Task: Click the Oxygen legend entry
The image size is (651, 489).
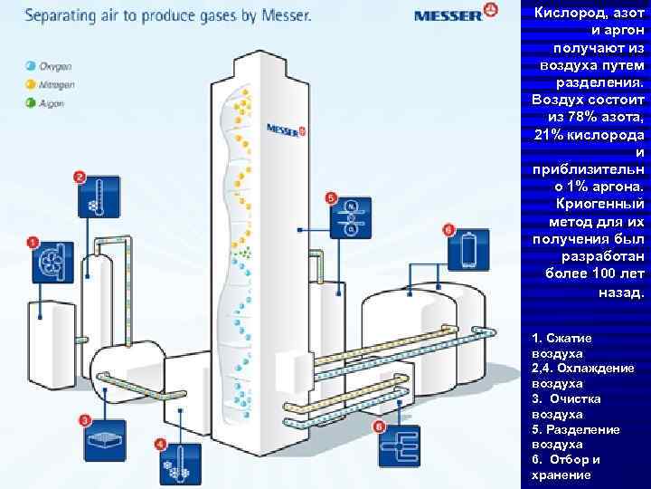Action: [50, 66]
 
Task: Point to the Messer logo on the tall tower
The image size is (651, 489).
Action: [287, 129]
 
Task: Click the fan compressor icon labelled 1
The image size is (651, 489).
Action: [52, 264]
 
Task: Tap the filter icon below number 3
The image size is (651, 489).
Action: [105, 441]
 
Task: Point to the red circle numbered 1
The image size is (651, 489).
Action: [33, 242]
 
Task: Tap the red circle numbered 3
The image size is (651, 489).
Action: [85, 420]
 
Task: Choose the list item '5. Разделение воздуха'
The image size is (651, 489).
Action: [576, 436]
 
